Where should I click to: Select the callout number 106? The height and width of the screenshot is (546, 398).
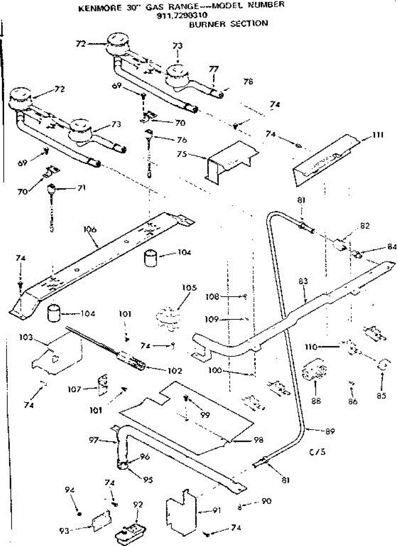pos(90,230)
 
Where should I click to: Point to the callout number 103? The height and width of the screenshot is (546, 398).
pos(26,337)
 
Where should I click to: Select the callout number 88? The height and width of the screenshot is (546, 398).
pos(314,401)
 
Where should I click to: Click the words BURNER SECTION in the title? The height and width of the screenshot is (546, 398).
pos(228,23)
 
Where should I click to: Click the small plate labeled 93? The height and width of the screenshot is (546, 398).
pos(101,521)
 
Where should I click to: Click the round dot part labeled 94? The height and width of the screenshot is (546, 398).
pos(79,513)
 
